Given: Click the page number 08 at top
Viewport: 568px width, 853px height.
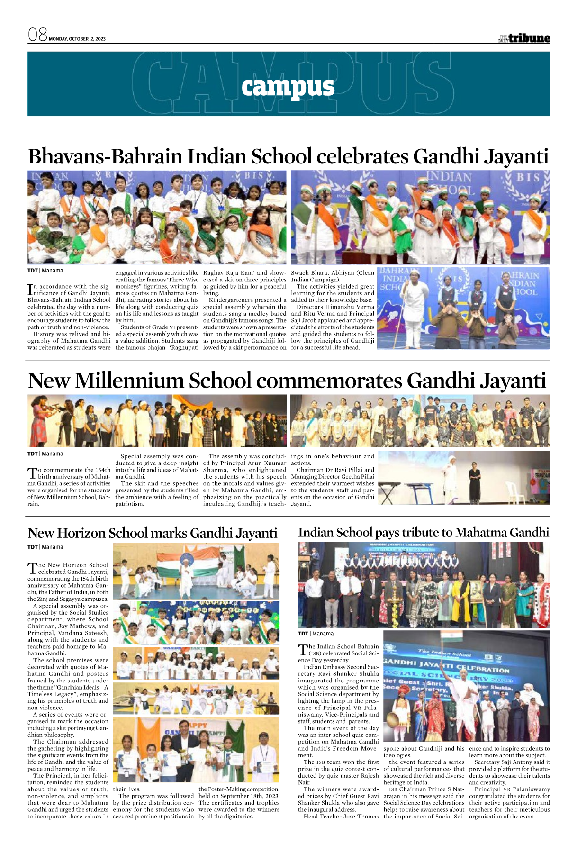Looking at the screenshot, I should pyautogui.click(x=37, y=35).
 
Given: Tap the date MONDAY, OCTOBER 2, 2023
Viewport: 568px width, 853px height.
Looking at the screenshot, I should pyautogui.click(x=77, y=39).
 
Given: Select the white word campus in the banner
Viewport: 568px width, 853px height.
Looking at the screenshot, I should pyautogui.click(x=288, y=87).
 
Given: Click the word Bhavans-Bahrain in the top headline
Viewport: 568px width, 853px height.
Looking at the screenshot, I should pyautogui.click(x=98, y=156).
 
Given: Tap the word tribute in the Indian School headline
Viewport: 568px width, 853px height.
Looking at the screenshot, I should pyautogui.click(x=418, y=533).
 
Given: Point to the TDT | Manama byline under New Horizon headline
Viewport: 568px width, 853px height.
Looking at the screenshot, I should pyautogui.click(x=45, y=547).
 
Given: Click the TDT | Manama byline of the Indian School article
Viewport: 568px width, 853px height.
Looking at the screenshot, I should pyautogui.click(x=316, y=634).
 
